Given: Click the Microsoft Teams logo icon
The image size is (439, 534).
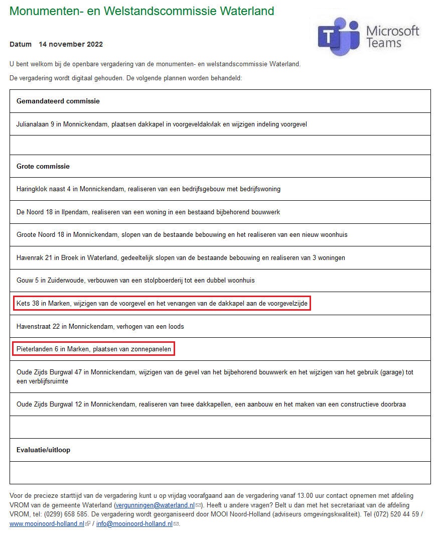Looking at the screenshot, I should tap(339, 34).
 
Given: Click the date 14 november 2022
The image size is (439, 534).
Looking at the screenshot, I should tap(71, 44).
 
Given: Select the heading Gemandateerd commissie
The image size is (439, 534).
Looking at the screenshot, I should tap(58, 101).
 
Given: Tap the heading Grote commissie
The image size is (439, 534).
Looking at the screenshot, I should tap(43, 166).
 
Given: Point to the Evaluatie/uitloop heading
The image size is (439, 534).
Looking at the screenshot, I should tap(43, 450).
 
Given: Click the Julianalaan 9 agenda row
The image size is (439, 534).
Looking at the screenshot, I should tap(162, 124).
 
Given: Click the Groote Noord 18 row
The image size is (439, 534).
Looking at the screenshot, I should tap(182, 235).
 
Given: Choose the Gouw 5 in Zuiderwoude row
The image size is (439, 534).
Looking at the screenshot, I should tap(139, 281).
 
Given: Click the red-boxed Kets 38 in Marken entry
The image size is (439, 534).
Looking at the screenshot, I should tap(162, 304).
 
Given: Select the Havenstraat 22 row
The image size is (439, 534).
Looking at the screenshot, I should tap(100, 326).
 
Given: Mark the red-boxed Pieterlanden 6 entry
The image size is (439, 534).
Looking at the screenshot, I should tap(94, 349).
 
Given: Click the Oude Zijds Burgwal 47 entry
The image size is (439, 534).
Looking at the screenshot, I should tap(215, 376).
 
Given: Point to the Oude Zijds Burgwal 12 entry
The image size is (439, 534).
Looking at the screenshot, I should tap(211, 404).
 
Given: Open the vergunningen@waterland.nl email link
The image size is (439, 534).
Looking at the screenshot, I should tap(155, 505).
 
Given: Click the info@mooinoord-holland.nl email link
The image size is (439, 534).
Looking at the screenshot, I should tap(134, 523).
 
